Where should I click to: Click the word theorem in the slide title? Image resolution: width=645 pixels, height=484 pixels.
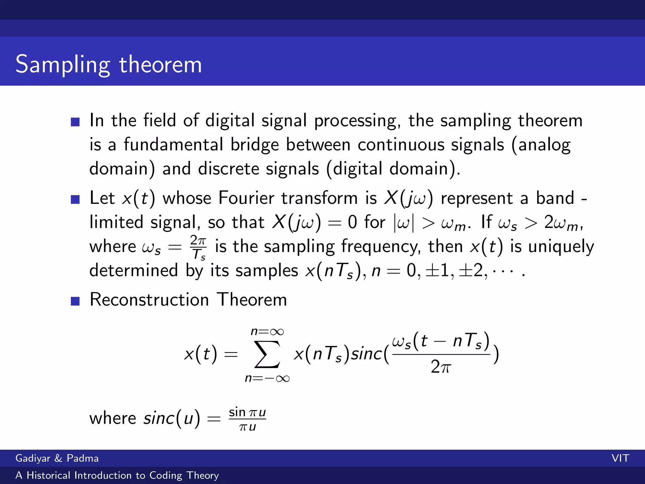pos(160,65)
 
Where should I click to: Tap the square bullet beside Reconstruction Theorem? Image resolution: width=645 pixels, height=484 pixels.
pos(75,301)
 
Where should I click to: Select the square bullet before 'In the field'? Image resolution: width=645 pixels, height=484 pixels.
pos(75,122)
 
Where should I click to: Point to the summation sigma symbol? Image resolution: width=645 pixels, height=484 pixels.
pos(267,354)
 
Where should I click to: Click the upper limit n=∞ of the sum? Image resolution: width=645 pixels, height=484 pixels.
pos(267,332)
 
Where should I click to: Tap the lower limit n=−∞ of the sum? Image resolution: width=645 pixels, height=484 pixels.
pos(267,378)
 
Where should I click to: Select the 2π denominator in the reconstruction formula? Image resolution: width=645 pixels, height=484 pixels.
pos(441,367)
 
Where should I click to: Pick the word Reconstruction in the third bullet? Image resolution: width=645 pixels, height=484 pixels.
pos(149,300)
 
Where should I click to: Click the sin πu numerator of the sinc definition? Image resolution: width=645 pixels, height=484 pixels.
pos(247,412)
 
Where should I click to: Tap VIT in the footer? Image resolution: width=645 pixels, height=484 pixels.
pos(620,458)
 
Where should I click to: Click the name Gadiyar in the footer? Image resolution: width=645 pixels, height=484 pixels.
pos(33,458)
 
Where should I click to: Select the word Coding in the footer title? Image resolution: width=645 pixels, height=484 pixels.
pos(166,475)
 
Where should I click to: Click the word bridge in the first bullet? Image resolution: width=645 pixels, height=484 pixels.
pos(254,145)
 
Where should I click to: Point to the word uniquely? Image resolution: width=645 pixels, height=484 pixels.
pos(561,247)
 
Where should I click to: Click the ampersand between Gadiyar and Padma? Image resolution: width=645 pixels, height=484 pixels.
pos(58,458)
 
